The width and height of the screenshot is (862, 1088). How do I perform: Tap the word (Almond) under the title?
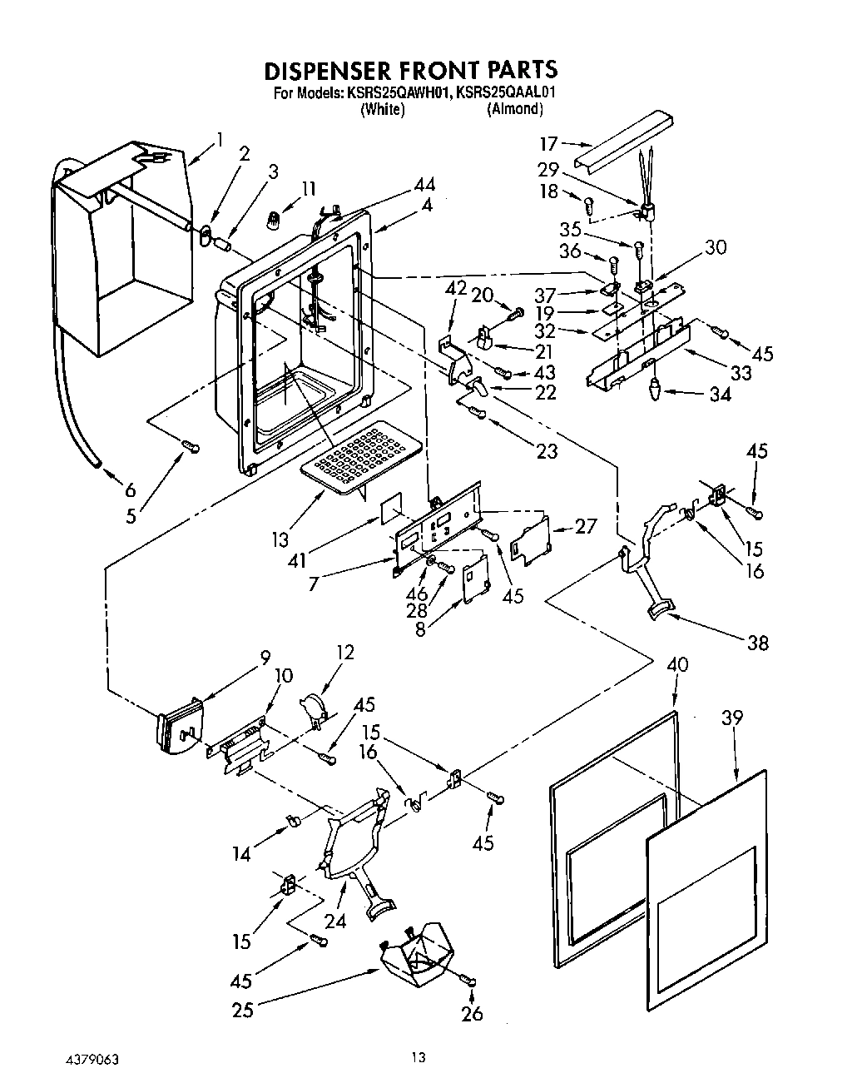point(515,109)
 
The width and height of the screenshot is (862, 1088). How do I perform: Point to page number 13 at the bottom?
point(418,1059)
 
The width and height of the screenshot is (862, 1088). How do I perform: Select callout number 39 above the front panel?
point(732,718)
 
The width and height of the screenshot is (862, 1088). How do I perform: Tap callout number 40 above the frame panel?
point(677,664)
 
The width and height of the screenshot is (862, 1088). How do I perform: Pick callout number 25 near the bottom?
point(243,1010)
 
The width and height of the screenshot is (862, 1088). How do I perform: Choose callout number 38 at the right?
point(757,642)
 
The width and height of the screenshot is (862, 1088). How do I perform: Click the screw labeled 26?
point(470,982)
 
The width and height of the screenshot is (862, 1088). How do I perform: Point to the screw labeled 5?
point(191,448)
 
